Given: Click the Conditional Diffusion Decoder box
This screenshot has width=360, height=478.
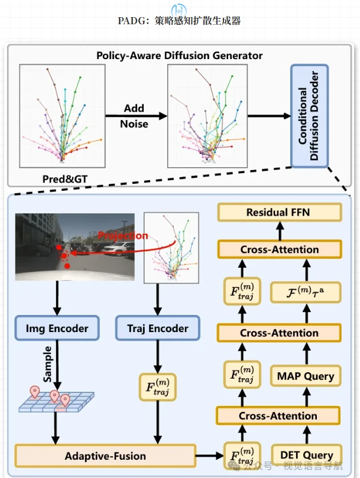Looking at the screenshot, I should click(x=309, y=116).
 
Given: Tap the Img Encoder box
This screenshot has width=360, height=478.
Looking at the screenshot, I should click(x=57, y=329).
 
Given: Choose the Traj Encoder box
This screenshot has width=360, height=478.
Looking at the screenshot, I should click(x=157, y=329).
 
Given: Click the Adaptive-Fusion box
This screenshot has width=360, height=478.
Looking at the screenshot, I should click(x=105, y=456).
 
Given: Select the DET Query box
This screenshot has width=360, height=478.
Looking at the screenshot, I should click(x=306, y=455).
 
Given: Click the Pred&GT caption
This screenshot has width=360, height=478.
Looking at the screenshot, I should click(x=62, y=178).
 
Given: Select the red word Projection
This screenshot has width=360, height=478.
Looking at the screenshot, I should click(x=123, y=236).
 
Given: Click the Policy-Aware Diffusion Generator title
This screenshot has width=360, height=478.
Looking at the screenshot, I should click(x=179, y=56).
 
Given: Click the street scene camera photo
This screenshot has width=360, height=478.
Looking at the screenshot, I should click(x=76, y=246).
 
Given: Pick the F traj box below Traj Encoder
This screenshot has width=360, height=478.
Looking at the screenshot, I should click(x=157, y=386).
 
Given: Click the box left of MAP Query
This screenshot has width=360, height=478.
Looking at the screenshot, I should click(x=241, y=375).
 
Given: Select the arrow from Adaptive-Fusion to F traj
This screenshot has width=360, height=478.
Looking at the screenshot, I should click(x=209, y=456).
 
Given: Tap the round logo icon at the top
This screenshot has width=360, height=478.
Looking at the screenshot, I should click(x=179, y=8).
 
